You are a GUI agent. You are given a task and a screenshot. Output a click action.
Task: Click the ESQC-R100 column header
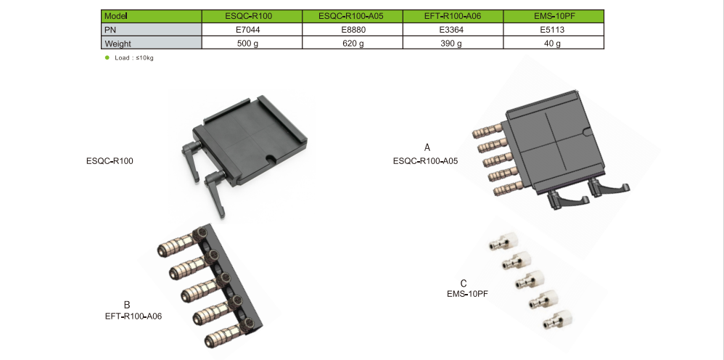pyautogui.click(x=250, y=16)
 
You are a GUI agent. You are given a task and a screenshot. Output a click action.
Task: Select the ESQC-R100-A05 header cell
pyautogui.click(x=350, y=16)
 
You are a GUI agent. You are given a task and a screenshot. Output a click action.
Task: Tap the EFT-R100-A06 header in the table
pyautogui.click(x=452, y=16)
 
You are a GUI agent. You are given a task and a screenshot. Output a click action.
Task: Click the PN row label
pyautogui.click(x=150, y=30)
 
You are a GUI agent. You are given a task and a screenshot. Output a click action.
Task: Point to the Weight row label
pyautogui.click(x=150, y=43)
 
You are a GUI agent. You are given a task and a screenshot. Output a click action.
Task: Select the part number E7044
pyautogui.click(x=250, y=30)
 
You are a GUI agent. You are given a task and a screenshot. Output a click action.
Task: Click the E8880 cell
pyautogui.click(x=350, y=30)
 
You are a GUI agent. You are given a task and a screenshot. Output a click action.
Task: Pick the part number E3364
pyautogui.click(x=452, y=30)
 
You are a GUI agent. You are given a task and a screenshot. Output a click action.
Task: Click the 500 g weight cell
pyautogui.click(x=250, y=43)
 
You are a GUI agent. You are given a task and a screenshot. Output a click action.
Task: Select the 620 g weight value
pyautogui.click(x=350, y=43)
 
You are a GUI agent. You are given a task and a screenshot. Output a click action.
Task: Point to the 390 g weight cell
pyautogui.click(x=452, y=43)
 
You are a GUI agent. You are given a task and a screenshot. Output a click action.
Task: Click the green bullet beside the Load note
pyautogui.click(x=107, y=57)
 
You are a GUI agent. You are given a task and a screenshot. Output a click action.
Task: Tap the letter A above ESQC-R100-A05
pyautogui.click(x=427, y=147)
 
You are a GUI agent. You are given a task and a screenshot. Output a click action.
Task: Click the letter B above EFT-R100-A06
pyautogui.click(x=127, y=304)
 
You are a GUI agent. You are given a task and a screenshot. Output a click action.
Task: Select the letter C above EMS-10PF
pyautogui.click(x=464, y=283)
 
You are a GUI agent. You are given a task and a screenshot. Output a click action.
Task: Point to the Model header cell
pyautogui.click(x=150, y=16)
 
